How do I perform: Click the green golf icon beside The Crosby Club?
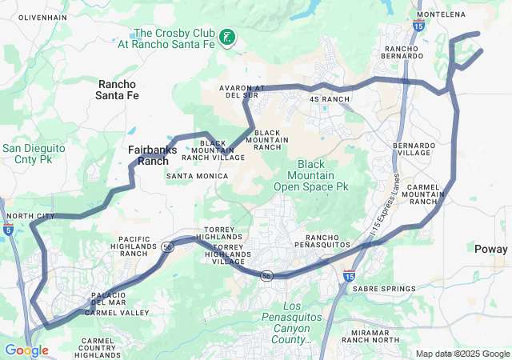click(228, 37)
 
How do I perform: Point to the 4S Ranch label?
click(330, 99)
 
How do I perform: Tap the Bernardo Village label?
click(414, 150)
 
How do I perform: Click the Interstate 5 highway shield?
click(7, 230)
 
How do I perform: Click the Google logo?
click(26, 350)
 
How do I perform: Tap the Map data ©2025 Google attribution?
click(462, 354)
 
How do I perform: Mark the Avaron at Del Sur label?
click(242, 91)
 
